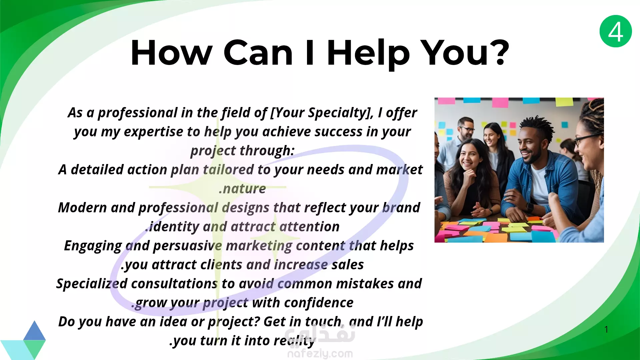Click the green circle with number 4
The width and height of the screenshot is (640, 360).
point(616,31)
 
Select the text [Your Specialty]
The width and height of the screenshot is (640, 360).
point(322,113)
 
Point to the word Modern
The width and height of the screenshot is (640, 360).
point(82,208)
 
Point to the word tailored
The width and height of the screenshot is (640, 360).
point(228,170)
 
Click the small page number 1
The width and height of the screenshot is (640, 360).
point(606,329)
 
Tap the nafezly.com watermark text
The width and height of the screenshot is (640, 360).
point(320,353)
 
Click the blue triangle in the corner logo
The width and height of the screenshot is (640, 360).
point(34,331)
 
